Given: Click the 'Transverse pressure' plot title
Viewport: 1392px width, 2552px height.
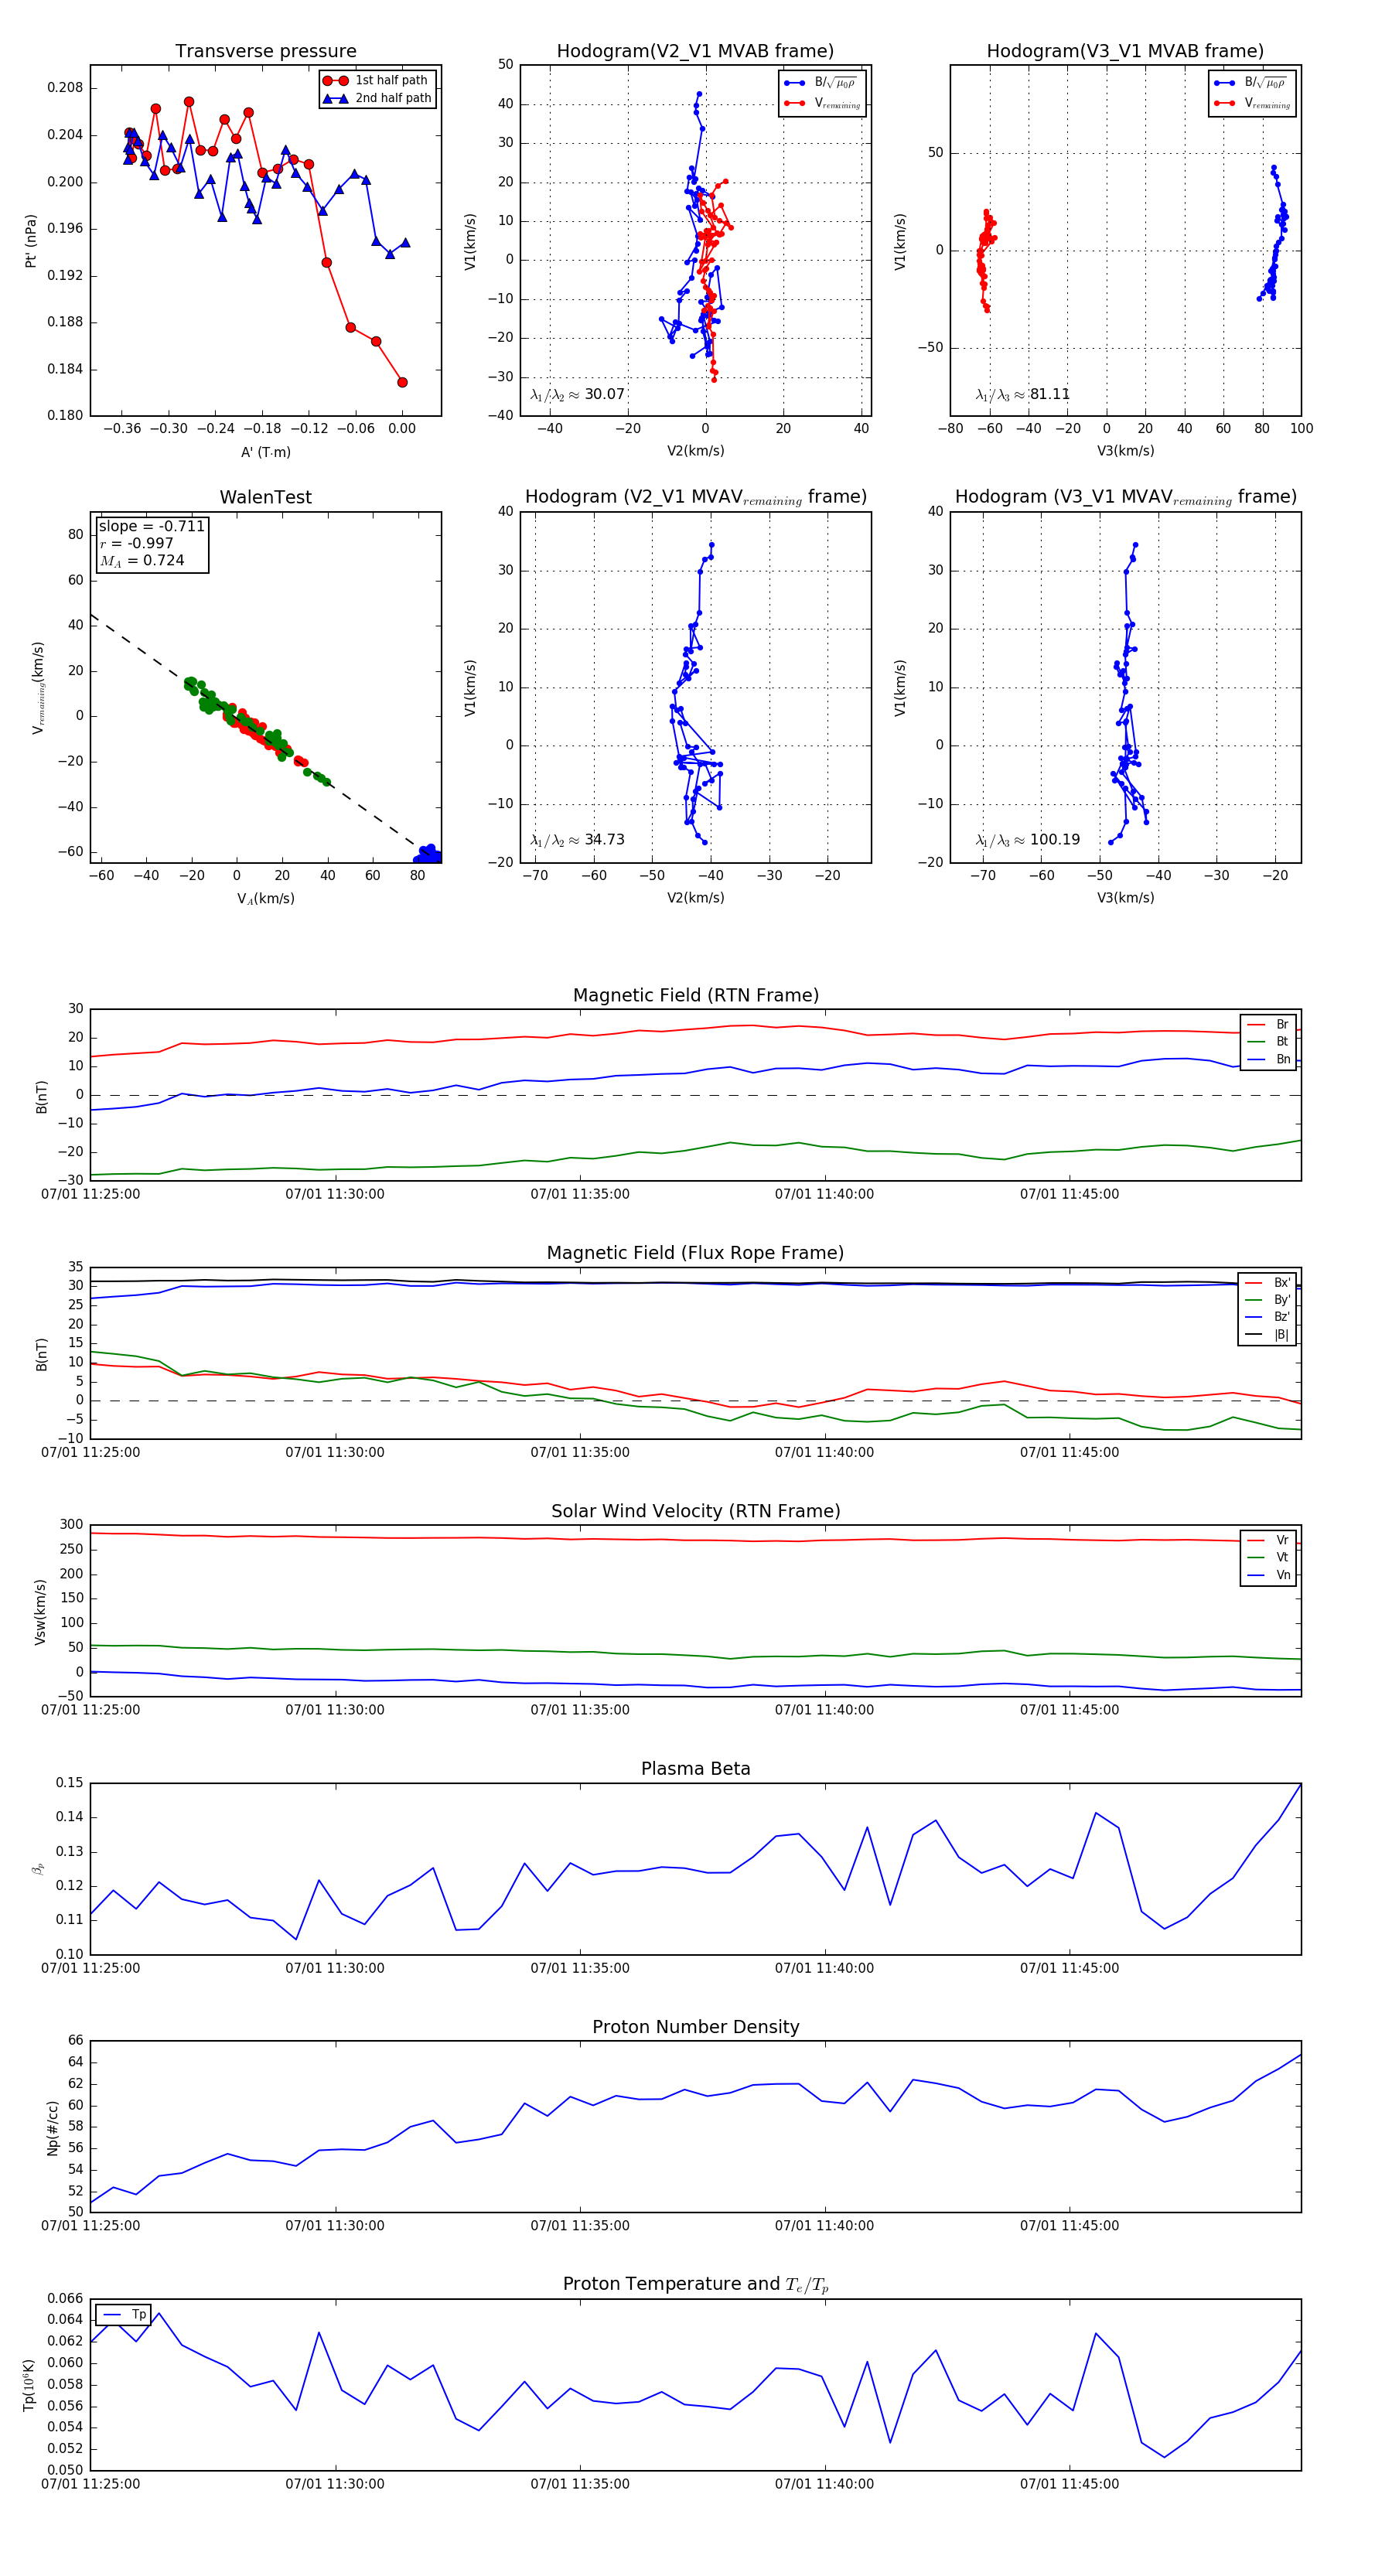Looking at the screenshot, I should coord(265,52).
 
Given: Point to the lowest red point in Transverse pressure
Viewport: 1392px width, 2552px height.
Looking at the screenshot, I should coord(402,382).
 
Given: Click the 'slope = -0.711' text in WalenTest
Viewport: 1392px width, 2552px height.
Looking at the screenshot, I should coord(152,526).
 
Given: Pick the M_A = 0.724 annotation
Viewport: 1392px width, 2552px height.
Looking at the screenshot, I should coord(142,561).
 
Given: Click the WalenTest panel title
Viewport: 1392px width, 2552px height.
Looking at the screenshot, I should coord(265,497).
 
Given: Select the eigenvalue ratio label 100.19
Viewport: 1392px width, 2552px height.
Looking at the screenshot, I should coord(1054,839).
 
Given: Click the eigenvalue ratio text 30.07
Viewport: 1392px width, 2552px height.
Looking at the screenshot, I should coord(604,394).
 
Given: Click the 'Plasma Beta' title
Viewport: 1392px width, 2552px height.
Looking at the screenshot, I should coord(695,1769).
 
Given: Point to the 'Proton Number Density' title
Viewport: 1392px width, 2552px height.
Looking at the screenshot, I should coord(695,2027).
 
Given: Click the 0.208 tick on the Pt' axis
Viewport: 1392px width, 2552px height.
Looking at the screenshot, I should coord(66,88).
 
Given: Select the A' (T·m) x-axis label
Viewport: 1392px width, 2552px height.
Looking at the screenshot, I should coord(265,452).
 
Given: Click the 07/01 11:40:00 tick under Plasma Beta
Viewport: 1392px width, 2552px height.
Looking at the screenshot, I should coord(824,1967).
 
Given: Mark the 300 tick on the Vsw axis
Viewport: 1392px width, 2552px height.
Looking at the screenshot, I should coord(71,1525).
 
